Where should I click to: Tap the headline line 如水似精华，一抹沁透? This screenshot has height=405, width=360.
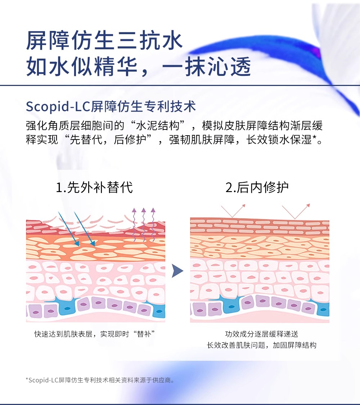pyautogui.click(x=138, y=67)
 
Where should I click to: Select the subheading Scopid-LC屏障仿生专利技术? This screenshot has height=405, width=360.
pyautogui.click(x=111, y=107)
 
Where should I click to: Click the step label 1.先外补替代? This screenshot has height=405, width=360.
pyautogui.click(x=94, y=187)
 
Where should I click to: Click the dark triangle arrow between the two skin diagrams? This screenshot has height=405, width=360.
pyautogui.click(x=177, y=270)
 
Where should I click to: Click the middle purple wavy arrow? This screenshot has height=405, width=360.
pyautogui.click(x=143, y=224)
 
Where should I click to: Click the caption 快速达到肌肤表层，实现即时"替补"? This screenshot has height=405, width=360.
pyautogui.click(x=95, y=334)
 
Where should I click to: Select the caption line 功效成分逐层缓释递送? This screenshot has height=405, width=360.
pyautogui.click(x=261, y=334)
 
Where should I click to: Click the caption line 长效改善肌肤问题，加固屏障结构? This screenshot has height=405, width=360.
pyautogui.click(x=261, y=345)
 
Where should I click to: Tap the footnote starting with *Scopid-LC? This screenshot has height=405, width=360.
pyautogui.click(x=100, y=380)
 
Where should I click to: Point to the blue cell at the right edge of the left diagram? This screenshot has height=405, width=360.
pyautogui.click(x=160, y=310)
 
